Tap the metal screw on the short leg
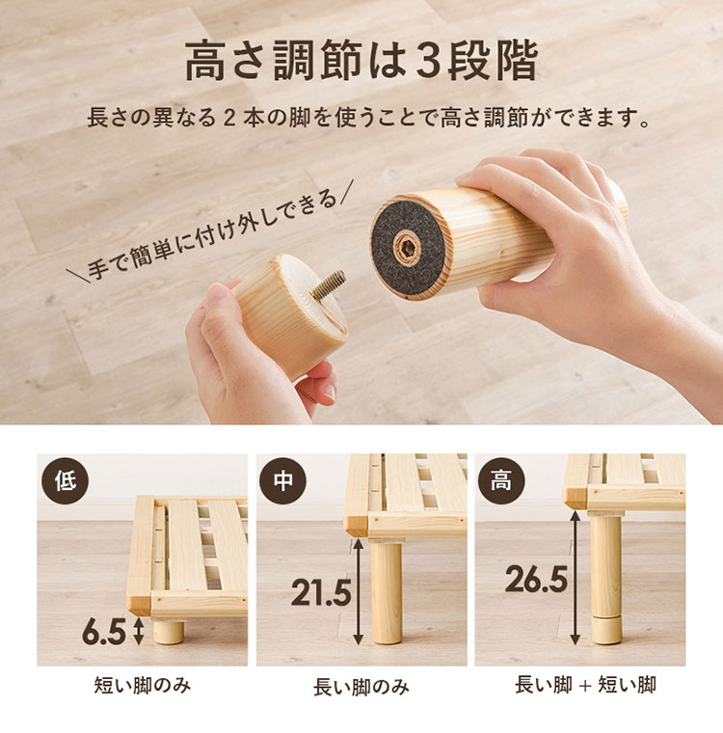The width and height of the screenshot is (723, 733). (328, 285)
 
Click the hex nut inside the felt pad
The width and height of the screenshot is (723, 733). (407, 247)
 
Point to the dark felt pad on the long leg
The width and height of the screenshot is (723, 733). (408, 247)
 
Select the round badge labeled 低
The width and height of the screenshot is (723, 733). (66, 480)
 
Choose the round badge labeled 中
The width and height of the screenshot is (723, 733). (283, 479)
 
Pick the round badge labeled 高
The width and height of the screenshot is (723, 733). (501, 479)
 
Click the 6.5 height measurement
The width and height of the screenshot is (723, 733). (104, 633)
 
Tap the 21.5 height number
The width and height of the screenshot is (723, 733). (321, 593)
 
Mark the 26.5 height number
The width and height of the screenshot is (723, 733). (537, 580)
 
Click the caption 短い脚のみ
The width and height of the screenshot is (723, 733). (143, 686)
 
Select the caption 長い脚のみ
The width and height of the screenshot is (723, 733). (361, 687)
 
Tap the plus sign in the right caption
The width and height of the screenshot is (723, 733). (585, 686)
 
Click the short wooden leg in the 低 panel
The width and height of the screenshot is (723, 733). (169, 631)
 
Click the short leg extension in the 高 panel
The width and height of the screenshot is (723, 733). (607, 631)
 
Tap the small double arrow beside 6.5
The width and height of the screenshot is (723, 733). (139, 631)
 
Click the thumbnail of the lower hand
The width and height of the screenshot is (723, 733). (329, 391)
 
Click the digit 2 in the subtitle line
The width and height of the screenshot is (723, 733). (229, 118)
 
